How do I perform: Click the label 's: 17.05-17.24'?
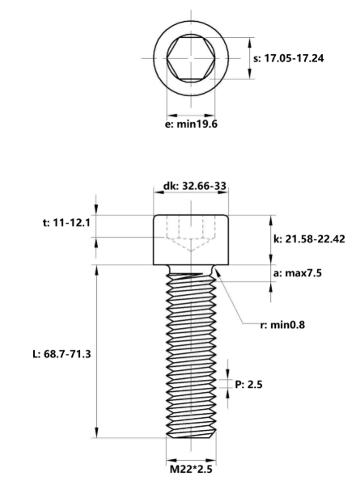point(289,58)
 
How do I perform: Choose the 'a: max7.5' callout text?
point(296,274)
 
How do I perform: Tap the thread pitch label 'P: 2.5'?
point(249,385)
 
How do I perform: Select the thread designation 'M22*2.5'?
point(191,469)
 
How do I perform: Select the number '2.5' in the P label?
point(255,385)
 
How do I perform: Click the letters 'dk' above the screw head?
point(169,186)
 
